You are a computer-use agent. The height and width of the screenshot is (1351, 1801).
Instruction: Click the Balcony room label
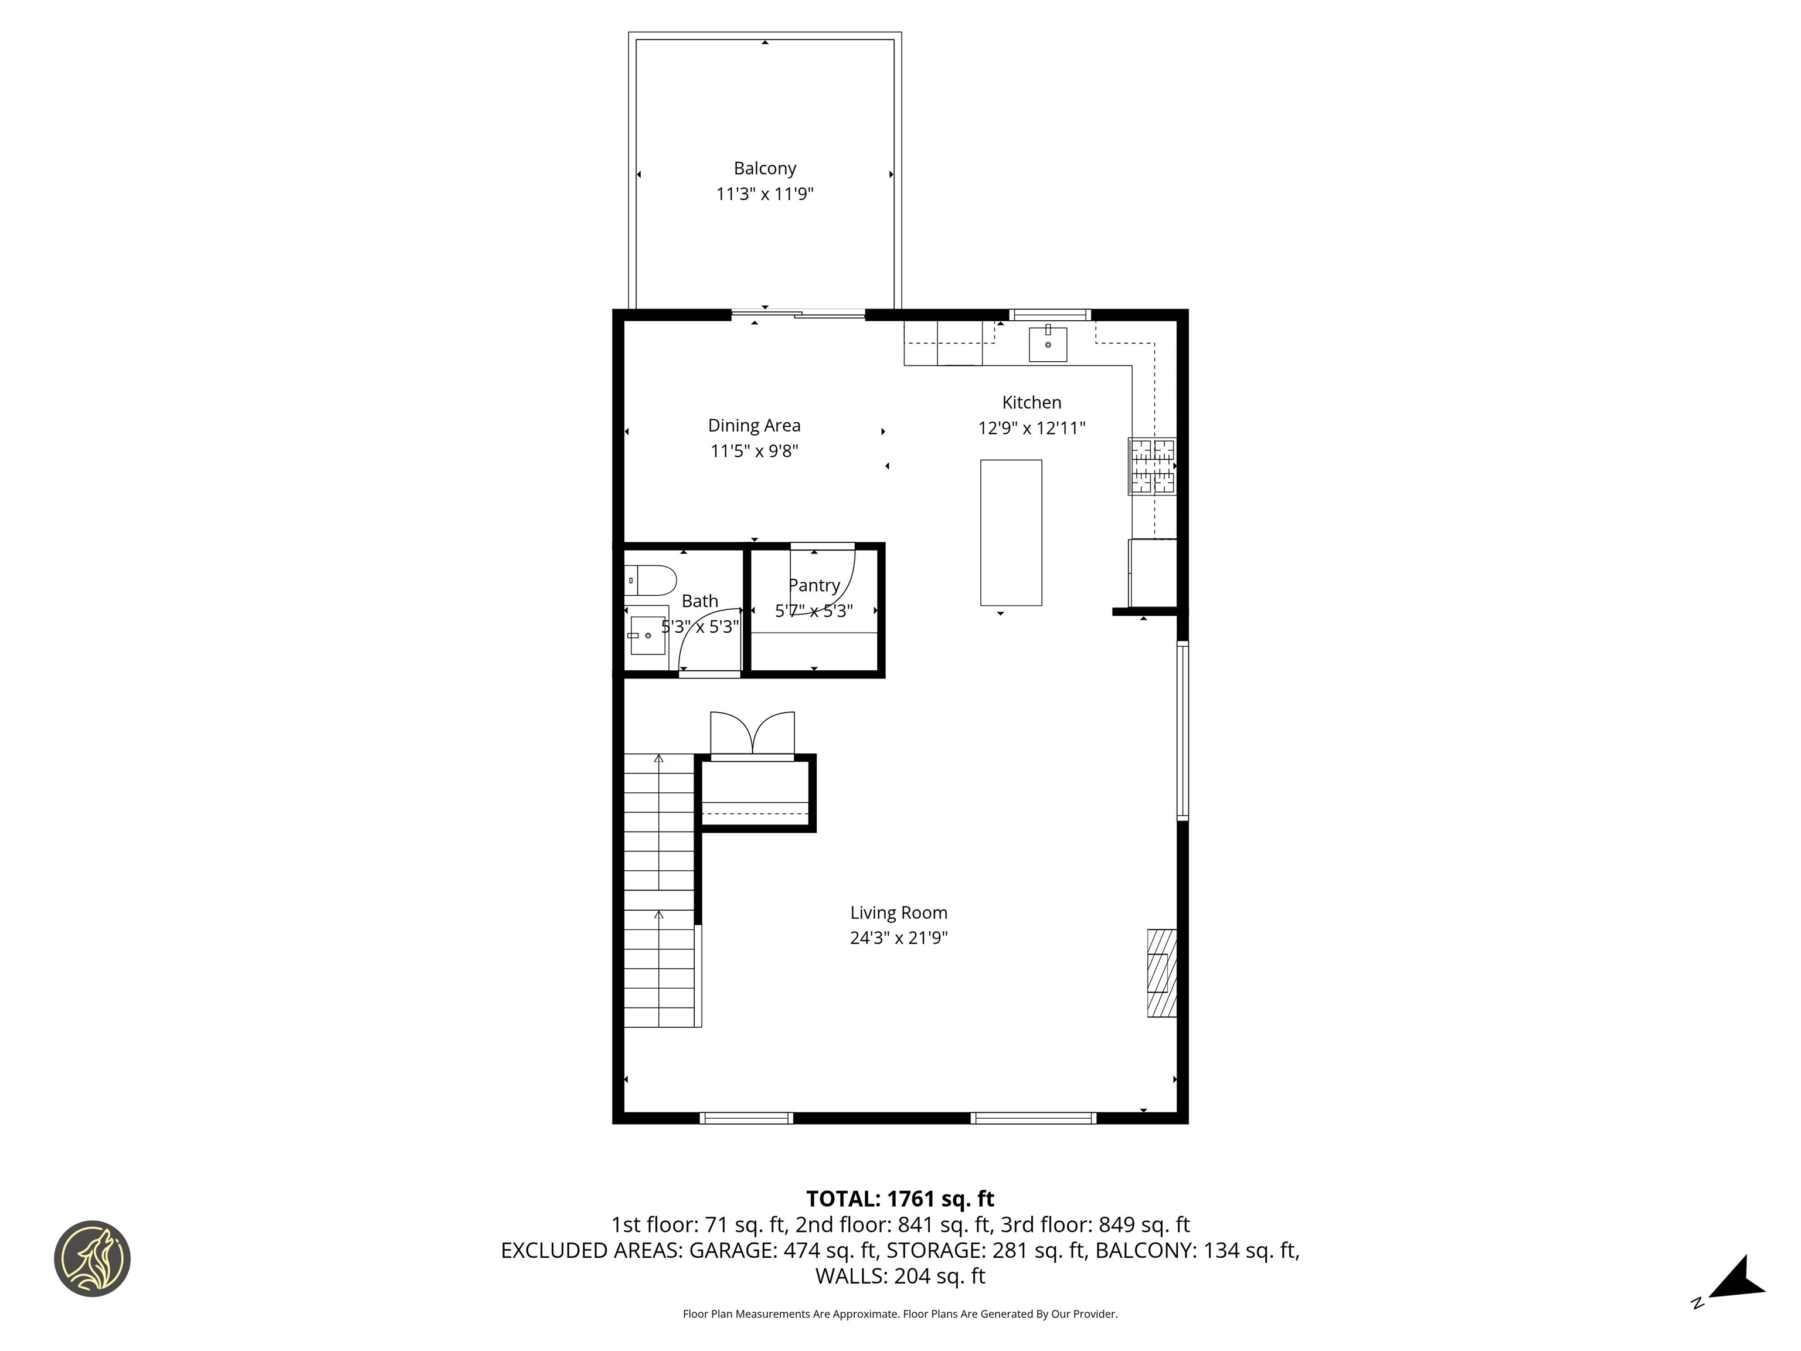coord(764,168)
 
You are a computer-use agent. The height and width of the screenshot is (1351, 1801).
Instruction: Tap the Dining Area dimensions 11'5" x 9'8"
coord(754,451)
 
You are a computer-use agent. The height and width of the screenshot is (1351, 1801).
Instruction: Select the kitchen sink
coord(1048,344)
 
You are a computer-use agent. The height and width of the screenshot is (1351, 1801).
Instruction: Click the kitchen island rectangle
coord(1010,532)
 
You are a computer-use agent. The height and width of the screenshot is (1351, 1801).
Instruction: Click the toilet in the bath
coord(651,581)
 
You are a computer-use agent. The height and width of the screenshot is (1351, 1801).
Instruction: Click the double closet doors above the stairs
coord(752,735)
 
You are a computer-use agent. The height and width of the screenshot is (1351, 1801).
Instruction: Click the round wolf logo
coord(92,1258)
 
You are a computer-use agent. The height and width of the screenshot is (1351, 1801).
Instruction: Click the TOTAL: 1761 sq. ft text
coord(900,1199)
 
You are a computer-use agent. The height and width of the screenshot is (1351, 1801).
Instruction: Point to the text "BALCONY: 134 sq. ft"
coord(1197,1251)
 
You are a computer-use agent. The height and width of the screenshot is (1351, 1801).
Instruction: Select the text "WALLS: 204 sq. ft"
coord(900,1276)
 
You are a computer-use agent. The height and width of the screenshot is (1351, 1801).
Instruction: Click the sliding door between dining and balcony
coord(798,314)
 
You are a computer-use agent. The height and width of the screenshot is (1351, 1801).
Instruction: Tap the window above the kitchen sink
coord(1049,314)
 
